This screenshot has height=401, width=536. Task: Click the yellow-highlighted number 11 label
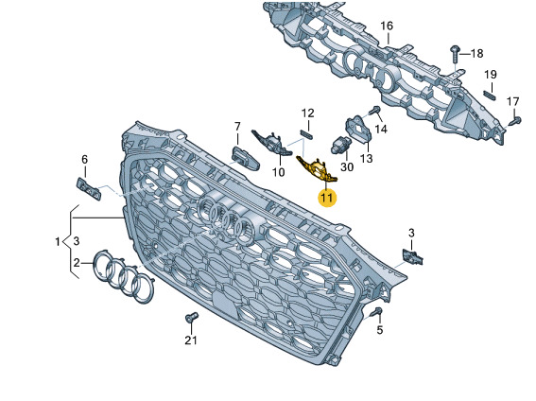click(x=327, y=198)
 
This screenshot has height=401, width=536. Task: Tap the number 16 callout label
click(x=387, y=26)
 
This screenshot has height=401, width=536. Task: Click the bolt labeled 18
click(x=455, y=53)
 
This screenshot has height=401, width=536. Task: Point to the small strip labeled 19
click(x=489, y=95)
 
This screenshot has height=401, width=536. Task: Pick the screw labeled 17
click(x=515, y=120)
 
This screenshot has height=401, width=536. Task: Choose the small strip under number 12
click(x=306, y=134)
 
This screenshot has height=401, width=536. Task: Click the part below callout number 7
click(x=245, y=158)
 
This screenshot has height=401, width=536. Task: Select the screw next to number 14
click(x=375, y=111)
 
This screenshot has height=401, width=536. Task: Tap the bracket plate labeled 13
click(x=359, y=130)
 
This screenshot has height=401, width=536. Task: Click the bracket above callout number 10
click(x=272, y=142)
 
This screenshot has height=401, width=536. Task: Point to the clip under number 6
click(x=89, y=189)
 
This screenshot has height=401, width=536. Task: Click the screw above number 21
click(x=192, y=318)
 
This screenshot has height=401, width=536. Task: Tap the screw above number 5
click(x=377, y=311)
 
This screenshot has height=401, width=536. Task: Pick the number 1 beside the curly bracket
click(x=58, y=242)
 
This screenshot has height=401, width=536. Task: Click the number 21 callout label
click(x=191, y=340)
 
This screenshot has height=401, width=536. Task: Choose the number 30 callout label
click(x=347, y=167)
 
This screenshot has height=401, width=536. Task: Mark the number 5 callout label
click(x=380, y=330)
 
